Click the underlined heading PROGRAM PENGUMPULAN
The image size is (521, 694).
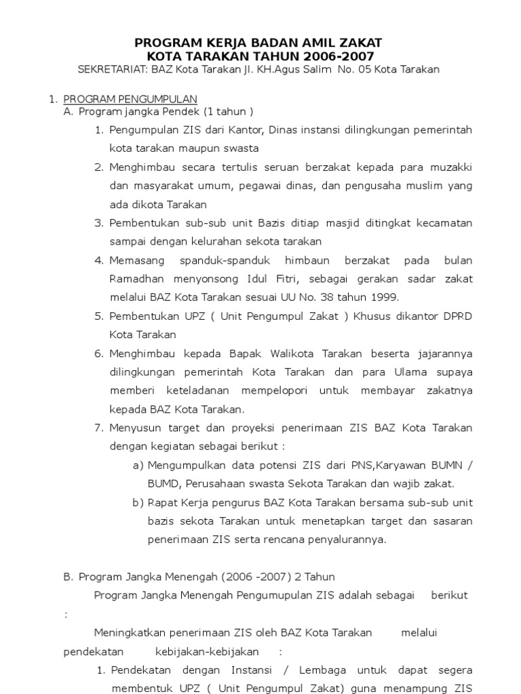[x=130, y=99]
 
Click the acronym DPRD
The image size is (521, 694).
[x=458, y=316]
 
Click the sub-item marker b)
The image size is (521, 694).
[x=138, y=502]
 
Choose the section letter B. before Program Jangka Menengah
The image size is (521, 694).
[x=68, y=577]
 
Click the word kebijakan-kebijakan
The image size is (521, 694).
[x=207, y=651]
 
